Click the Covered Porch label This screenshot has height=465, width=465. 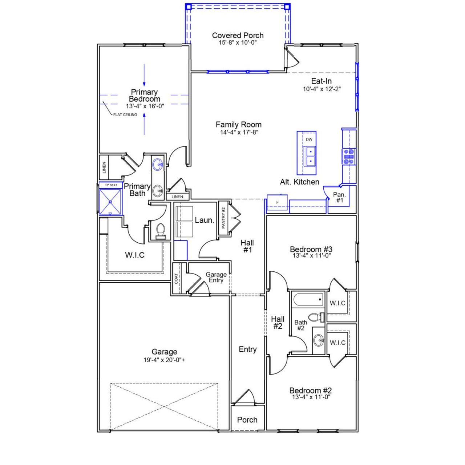[238, 36]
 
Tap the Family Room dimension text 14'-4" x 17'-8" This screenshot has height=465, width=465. [239, 133]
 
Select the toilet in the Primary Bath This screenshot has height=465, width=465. [160, 231]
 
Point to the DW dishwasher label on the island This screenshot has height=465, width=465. [309, 139]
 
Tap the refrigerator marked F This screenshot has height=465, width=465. [278, 202]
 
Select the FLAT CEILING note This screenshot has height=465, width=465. [125, 115]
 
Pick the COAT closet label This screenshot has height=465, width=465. [177, 279]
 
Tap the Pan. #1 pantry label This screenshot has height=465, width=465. [339, 198]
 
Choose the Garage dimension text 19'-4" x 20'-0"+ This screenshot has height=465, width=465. [164, 360]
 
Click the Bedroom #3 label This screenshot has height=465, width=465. [311, 249]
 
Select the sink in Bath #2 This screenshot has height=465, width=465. [319, 341]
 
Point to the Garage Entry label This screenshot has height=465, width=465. [216, 277]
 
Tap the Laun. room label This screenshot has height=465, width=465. [204, 220]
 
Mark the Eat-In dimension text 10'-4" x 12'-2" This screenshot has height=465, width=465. [322, 89]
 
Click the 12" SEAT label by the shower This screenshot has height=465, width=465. [111, 185]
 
